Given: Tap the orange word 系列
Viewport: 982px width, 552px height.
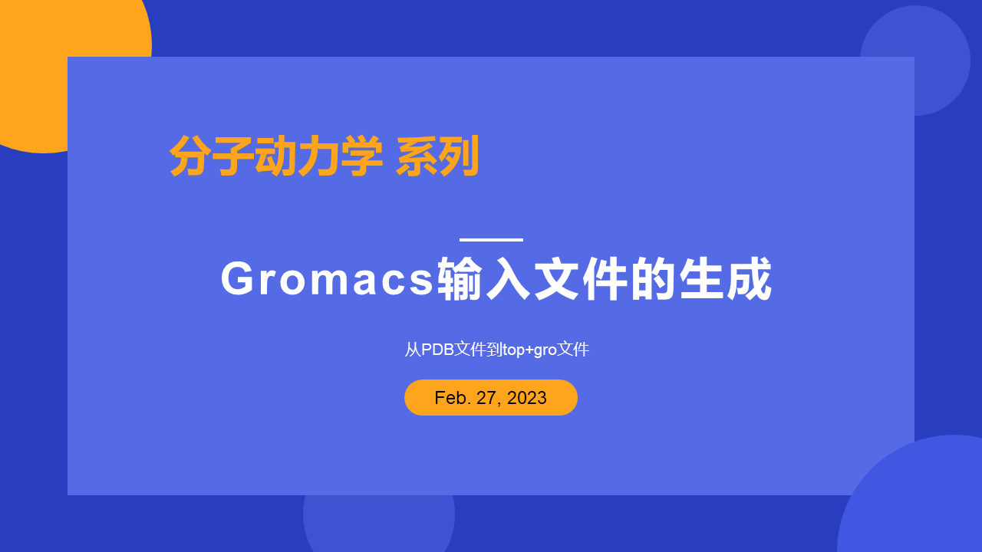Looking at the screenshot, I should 438,156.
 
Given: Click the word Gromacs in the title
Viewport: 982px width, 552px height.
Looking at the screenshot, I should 328,279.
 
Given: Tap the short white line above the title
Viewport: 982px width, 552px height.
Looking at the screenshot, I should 491,240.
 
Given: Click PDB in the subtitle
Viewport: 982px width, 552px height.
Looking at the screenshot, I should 438,350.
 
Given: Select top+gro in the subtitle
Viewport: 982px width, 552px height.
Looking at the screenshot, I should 529,350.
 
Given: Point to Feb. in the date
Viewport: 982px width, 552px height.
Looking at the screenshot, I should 450,398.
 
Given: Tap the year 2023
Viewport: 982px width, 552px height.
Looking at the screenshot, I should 527,398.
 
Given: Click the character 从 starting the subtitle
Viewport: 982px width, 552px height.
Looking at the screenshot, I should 413,350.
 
